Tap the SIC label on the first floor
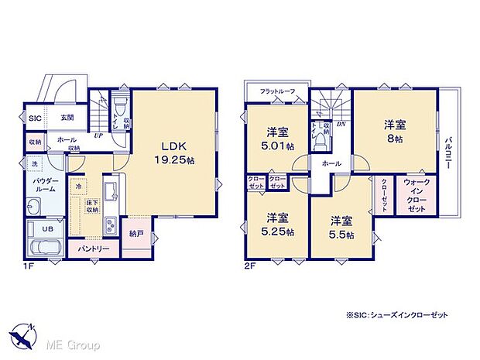[35, 118]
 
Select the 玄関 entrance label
[67, 118]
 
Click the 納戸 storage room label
[136, 231]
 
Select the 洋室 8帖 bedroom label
[393, 131]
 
